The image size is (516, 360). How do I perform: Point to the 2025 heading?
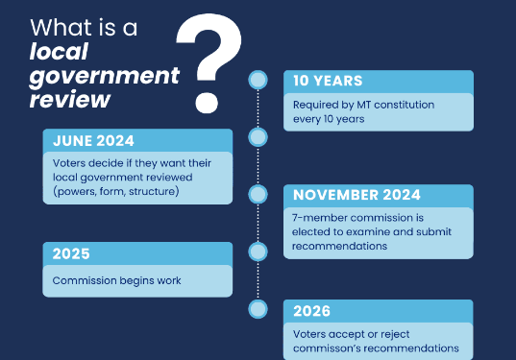click(71, 254)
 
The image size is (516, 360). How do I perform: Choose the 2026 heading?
click(311, 311)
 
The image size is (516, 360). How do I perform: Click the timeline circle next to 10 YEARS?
click(258, 81)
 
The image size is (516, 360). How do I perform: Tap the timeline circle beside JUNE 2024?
click(258, 137)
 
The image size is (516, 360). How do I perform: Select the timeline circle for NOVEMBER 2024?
click(258, 194)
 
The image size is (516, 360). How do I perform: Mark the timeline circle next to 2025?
click(258, 252)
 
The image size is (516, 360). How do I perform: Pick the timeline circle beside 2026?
click(258, 308)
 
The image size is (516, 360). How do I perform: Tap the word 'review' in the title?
click(69, 99)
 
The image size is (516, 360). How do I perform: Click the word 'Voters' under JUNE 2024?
click(70, 162)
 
